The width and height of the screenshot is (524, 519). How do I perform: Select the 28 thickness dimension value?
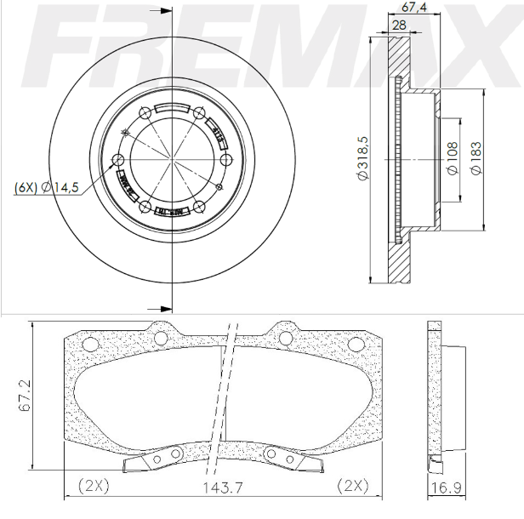coord(398,26)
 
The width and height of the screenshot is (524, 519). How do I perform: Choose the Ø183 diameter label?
coord(476,158)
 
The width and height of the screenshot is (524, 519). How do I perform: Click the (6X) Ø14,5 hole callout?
coord(47,187)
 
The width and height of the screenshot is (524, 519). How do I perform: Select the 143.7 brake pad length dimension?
coord(218,488)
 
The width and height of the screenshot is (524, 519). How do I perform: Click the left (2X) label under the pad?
coord(92,487)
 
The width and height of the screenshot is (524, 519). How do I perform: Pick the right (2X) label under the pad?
coord(351,487)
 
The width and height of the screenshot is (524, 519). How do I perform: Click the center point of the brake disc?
coord(173,158)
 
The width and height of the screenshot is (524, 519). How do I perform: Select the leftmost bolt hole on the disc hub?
coord(118,160)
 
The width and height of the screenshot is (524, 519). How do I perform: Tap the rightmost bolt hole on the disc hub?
coord(226,160)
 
